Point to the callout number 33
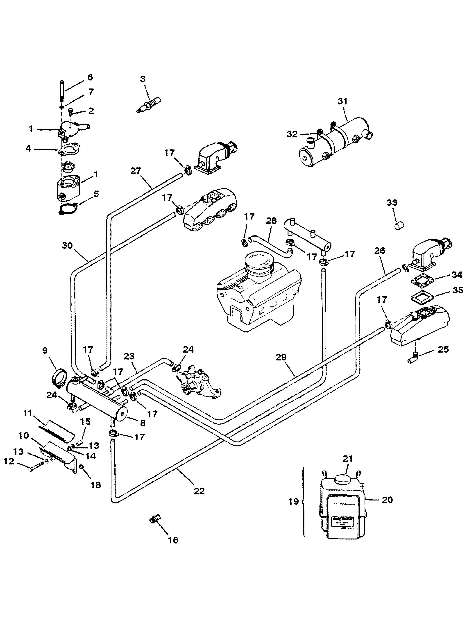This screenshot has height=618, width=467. [x=392, y=203]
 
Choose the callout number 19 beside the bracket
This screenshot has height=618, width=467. [x=293, y=502]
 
